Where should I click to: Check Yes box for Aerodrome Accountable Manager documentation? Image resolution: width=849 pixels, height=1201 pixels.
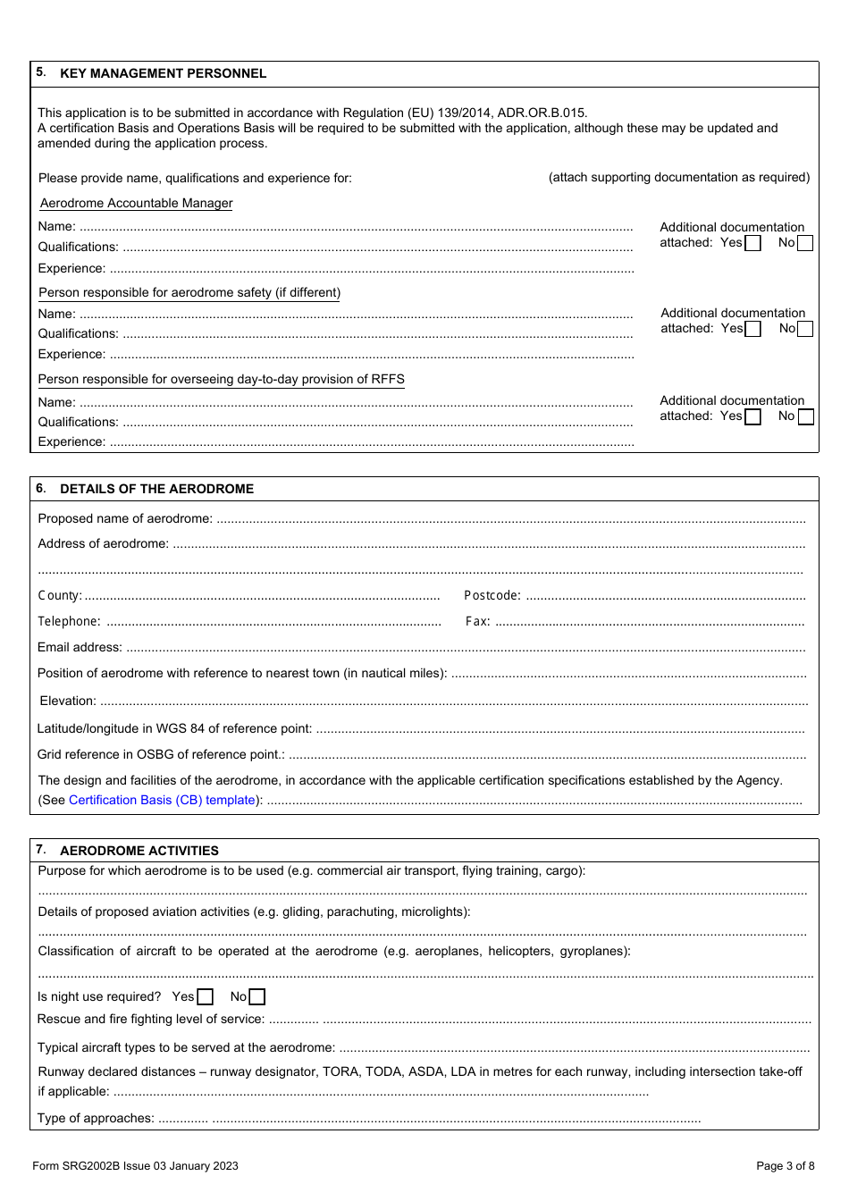tap(753, 243)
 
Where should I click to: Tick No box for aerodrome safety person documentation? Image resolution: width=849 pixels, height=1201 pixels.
tap(805, 329)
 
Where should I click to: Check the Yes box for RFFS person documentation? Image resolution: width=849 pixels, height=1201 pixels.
tap(753, 416)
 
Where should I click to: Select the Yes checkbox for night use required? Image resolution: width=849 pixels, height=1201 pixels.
tap(206, 997)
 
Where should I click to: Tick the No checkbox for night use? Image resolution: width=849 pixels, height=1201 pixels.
tap(257, 997)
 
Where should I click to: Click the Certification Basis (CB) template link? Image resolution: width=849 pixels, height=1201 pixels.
tap(162, 800)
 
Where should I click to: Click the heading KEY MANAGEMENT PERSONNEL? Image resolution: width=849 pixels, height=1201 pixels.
tap(163, 73)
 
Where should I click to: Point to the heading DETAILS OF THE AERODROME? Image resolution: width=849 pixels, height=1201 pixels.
tap(156, 489)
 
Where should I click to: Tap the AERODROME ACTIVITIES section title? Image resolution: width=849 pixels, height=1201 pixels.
tap(139, 851)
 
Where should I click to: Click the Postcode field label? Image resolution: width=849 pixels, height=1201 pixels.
tap(492, 596)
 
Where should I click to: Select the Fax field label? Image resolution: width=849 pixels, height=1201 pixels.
tap(477, 622)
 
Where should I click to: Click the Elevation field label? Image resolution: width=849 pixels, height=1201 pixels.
tap(67, 701)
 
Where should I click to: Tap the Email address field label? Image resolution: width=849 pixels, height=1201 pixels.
tap(80, 647)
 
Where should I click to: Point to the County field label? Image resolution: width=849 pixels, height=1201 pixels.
tap(59, 596)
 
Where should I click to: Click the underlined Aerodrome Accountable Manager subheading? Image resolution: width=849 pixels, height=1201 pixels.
tap(136, 203)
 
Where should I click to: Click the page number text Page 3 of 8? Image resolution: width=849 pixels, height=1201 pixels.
tap(785, 1165)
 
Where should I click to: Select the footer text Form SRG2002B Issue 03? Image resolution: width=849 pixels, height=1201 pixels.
tap(135, 1165)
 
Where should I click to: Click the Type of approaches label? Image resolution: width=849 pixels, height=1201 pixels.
tap(95, 1118)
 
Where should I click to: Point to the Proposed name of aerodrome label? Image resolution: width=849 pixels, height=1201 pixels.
tap(125, 518)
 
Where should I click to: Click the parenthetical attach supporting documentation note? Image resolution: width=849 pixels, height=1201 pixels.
tap(678, 177)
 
